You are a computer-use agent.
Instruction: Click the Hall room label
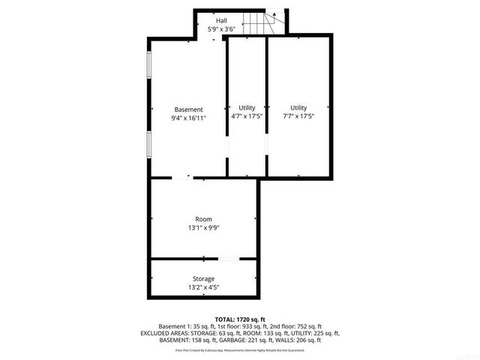[x=222, y=20]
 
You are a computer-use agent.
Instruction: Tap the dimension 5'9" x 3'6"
[x=222, y=28]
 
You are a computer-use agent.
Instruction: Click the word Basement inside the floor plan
[x=188, y=109]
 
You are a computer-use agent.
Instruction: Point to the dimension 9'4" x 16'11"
[x=188, y=117]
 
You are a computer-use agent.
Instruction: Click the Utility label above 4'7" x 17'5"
[x=247, y=108]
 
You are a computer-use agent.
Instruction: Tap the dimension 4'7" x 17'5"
[x=247, y=116]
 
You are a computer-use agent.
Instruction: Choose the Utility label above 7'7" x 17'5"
[x=298, y=108]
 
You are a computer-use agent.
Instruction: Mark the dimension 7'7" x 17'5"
[x=298, y=116]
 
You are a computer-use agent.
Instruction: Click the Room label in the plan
[x=204, y=220]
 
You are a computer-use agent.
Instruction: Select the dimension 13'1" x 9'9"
[x=204, y=228]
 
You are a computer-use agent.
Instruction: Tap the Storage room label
[x=204, y=278]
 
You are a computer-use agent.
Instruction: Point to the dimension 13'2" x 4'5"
[x=204, y=286]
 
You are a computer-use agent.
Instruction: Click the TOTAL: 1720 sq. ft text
[x=240, y=319]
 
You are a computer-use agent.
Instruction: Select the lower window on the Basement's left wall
[x=149, y=144]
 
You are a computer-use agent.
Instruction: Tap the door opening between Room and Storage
[x=229, y=259]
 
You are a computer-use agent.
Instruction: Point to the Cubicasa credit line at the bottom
[x=240, y=349]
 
